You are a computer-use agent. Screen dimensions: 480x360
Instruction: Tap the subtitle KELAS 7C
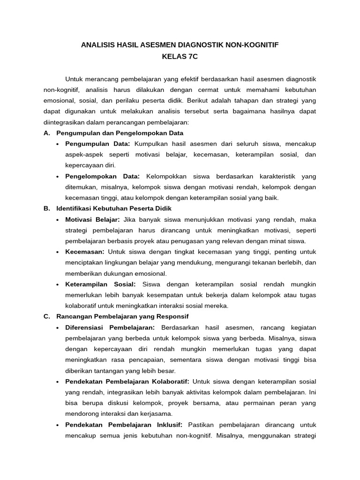(x=180, y=56)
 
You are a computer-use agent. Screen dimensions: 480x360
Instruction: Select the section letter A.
(x=46, y=133)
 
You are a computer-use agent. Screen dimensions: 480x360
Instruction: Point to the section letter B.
(x=46, y=208)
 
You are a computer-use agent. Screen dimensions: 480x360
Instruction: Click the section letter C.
(x=46, y=316)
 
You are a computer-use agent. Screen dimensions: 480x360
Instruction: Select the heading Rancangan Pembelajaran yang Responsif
(x=122, y=316)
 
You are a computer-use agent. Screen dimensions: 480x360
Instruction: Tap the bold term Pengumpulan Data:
(x=97, y=143)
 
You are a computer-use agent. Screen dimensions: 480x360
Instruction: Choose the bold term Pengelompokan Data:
(x=103, y=176)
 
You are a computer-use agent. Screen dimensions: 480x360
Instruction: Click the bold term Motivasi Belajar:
(x=93, y=219)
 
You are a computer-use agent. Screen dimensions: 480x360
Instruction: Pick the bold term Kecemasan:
(x=85, y=252)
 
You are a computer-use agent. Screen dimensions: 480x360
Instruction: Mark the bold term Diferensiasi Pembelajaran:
(x=111, y=327)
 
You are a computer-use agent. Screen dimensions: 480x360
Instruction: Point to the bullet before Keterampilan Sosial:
(x=57, y=285)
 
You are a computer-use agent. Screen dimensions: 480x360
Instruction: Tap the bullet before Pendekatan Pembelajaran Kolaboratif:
(x=57, y=382)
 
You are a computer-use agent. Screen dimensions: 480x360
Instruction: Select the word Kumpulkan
(x=150, y=143)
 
